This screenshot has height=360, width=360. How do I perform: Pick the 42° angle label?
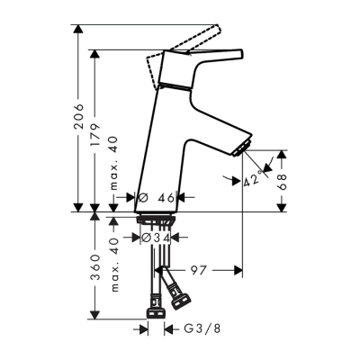tap(254, 181)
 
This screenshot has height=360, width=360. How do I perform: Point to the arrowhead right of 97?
tap(238, 269)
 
